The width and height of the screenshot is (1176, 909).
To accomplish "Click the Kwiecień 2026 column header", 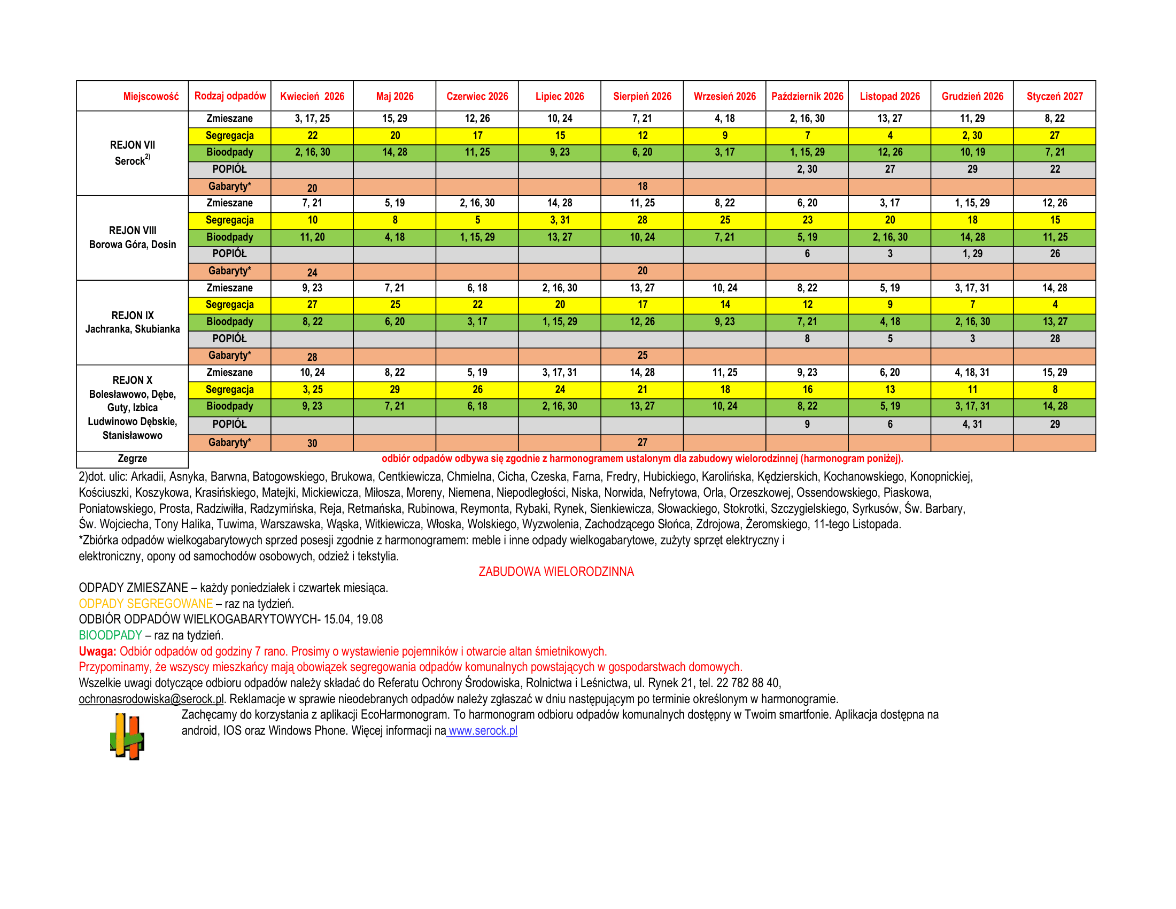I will pyautogui.click(x=312, y=96).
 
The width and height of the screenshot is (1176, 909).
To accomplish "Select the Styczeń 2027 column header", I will pyautogui.click(x=1054, y=96).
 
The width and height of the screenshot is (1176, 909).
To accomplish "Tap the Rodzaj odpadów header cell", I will pyautogui.click(x=230, y=96).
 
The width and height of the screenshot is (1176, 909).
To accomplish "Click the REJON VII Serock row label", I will pyautogui.click(x=133, y=153).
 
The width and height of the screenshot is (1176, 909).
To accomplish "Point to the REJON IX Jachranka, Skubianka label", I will pyautogui.click(x=133, y=322).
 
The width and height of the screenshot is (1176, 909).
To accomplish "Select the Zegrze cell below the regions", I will pyautogui.click(x=133, y=459).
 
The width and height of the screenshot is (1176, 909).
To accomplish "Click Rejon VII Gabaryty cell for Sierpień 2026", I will pyautogui.click(x=643, y=186).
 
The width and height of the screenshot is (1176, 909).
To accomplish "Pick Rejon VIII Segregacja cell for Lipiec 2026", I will pyautogui.click(x=560, y=220).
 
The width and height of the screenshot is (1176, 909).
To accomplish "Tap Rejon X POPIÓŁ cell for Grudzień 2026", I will pyautogui.click(x=972, y=425).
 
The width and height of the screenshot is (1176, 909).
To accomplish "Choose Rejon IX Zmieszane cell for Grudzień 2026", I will pyautogui.click(x=972, y=288).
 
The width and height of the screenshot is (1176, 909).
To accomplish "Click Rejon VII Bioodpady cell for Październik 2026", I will pyautogui.click(x=807, y=152).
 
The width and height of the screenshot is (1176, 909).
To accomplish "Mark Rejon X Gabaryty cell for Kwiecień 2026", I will pyautogui.click(x=312, y=443).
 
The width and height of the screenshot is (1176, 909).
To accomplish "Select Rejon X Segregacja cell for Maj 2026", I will pyautogui.click(x=394, y=389).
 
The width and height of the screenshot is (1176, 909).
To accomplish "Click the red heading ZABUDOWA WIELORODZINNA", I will pyautogui.click(x=556, y=572).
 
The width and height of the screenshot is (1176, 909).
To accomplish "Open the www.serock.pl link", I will pyautogui.click(x=483, y=731).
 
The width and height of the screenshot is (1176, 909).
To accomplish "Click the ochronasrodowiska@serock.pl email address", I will pyautogui.click(x=151, y=699).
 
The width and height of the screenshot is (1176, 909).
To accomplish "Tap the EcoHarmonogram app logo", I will pyautogui.click(x=127, y=736).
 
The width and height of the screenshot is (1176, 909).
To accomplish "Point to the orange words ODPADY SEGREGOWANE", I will pyautogui.click(x=145, y=604).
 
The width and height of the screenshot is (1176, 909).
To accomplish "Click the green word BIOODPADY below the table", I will pyautogui.click(x=111, y=635).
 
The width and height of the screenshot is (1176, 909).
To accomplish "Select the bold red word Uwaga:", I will pyautogui.click(x=97, y=652).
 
